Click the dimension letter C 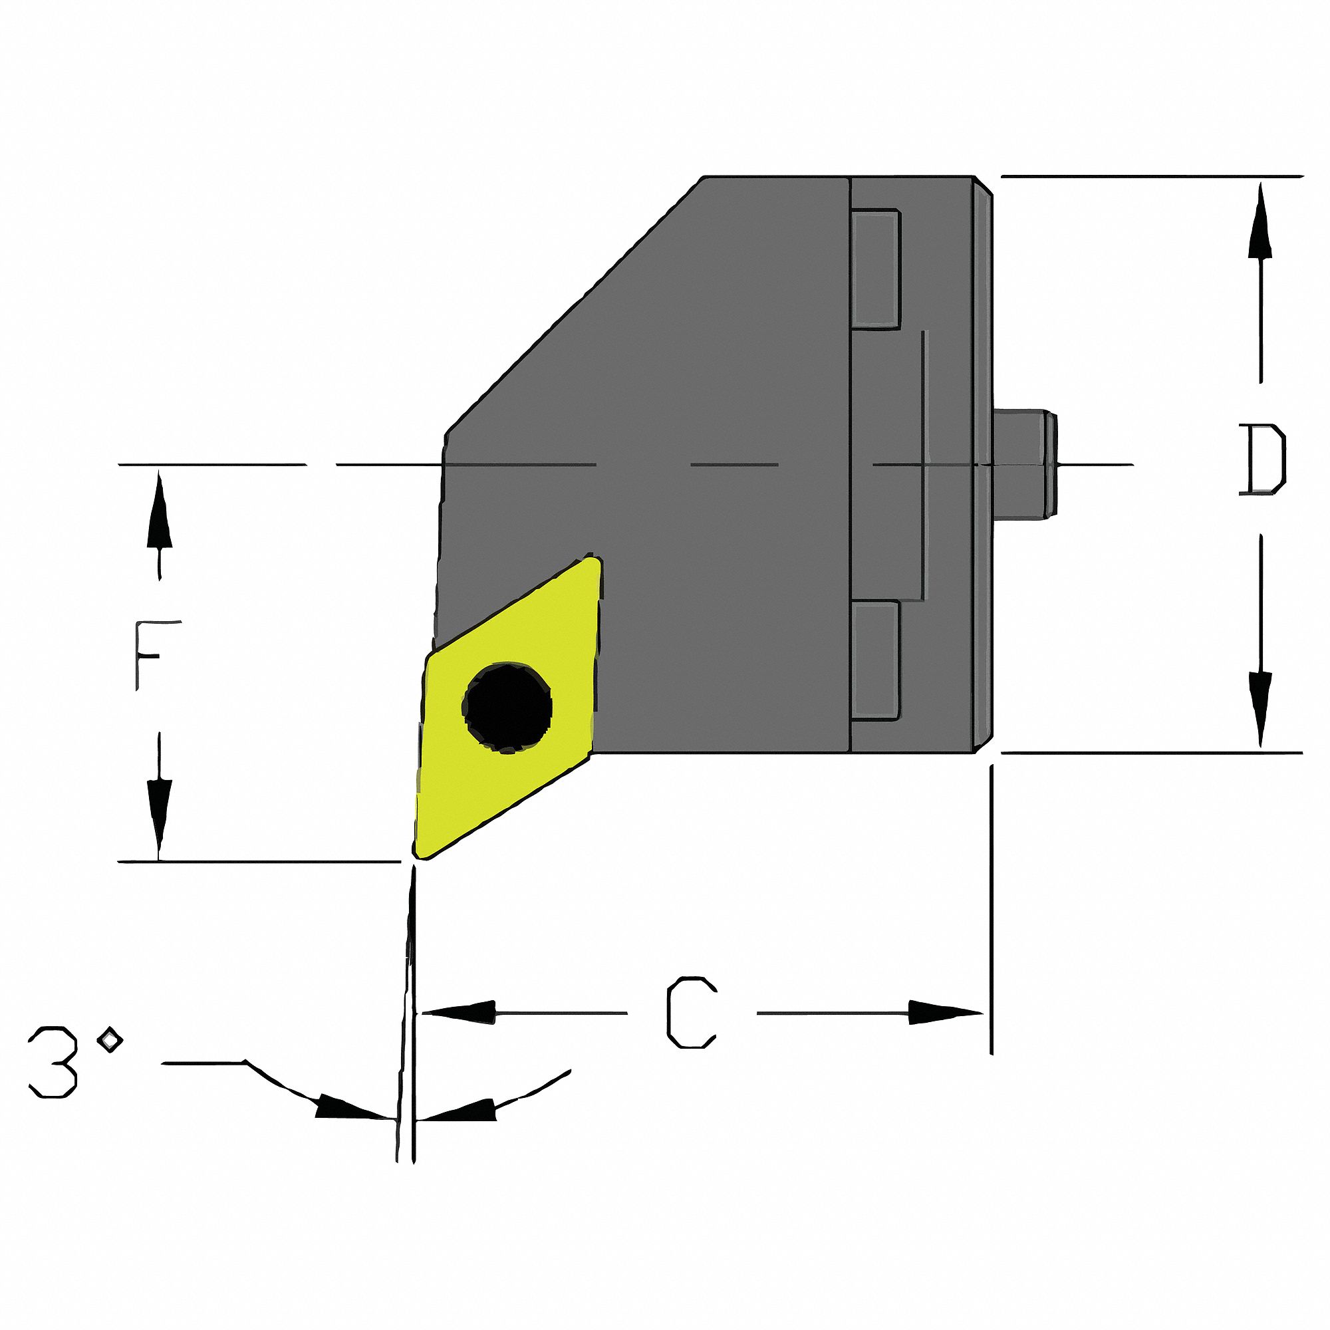tap(691, 1013)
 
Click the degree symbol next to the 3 tap(110, 1039)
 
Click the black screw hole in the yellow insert tap(507, 708)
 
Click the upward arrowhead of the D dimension tap(1260, 220)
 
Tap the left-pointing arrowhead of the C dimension tap(458, 1013)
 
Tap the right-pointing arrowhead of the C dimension tap(946, 1013)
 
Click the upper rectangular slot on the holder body tap(876, 269)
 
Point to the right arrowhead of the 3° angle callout tap(458, 1110)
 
